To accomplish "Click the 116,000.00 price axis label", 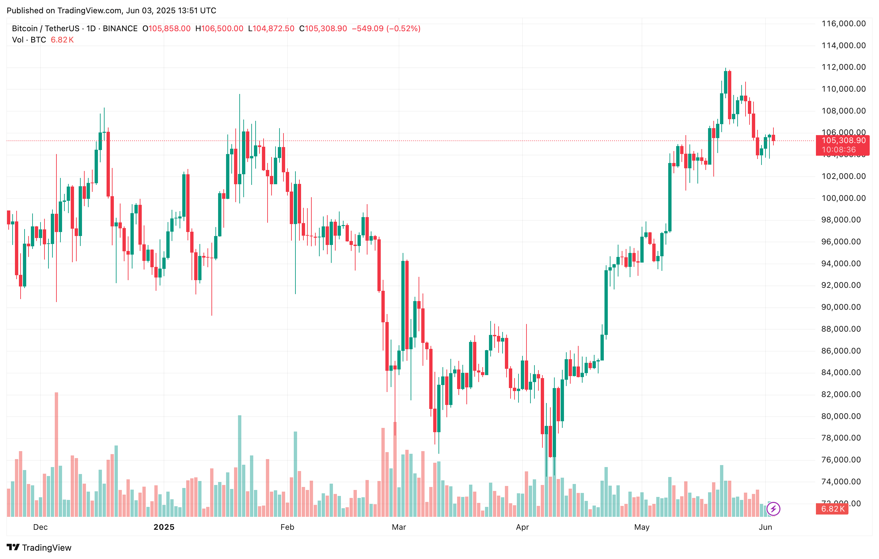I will click(x=843, y=24).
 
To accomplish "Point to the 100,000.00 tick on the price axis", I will click(x=843, y=198).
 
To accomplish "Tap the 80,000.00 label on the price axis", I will click(x=843, y=416).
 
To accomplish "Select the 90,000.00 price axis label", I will click(x=843, y=307).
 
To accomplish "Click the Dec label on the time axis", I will click(x=40, y=527).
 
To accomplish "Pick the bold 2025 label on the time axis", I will click(x=164, y=527).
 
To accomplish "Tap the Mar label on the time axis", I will click(x=399, y=527).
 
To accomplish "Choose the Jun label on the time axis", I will click(x=765, y=527).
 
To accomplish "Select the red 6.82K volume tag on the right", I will click(x=832, y=509).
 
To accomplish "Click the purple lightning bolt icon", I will click(x=773, y=509).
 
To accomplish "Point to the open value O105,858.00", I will click(x=166, y=29).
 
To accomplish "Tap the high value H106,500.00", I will click(x=219, y=29).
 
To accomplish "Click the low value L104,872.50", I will click(x=271, y=29).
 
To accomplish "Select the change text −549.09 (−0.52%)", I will click(x=386, y=29).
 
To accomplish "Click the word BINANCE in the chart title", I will click(x=120, y=29).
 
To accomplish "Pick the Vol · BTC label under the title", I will click(x=29, y=40).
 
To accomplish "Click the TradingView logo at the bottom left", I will click(x=39, y=548).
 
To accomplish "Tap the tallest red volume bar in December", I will click(x=56, y=454).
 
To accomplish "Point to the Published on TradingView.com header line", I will click(x=111, y=10).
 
